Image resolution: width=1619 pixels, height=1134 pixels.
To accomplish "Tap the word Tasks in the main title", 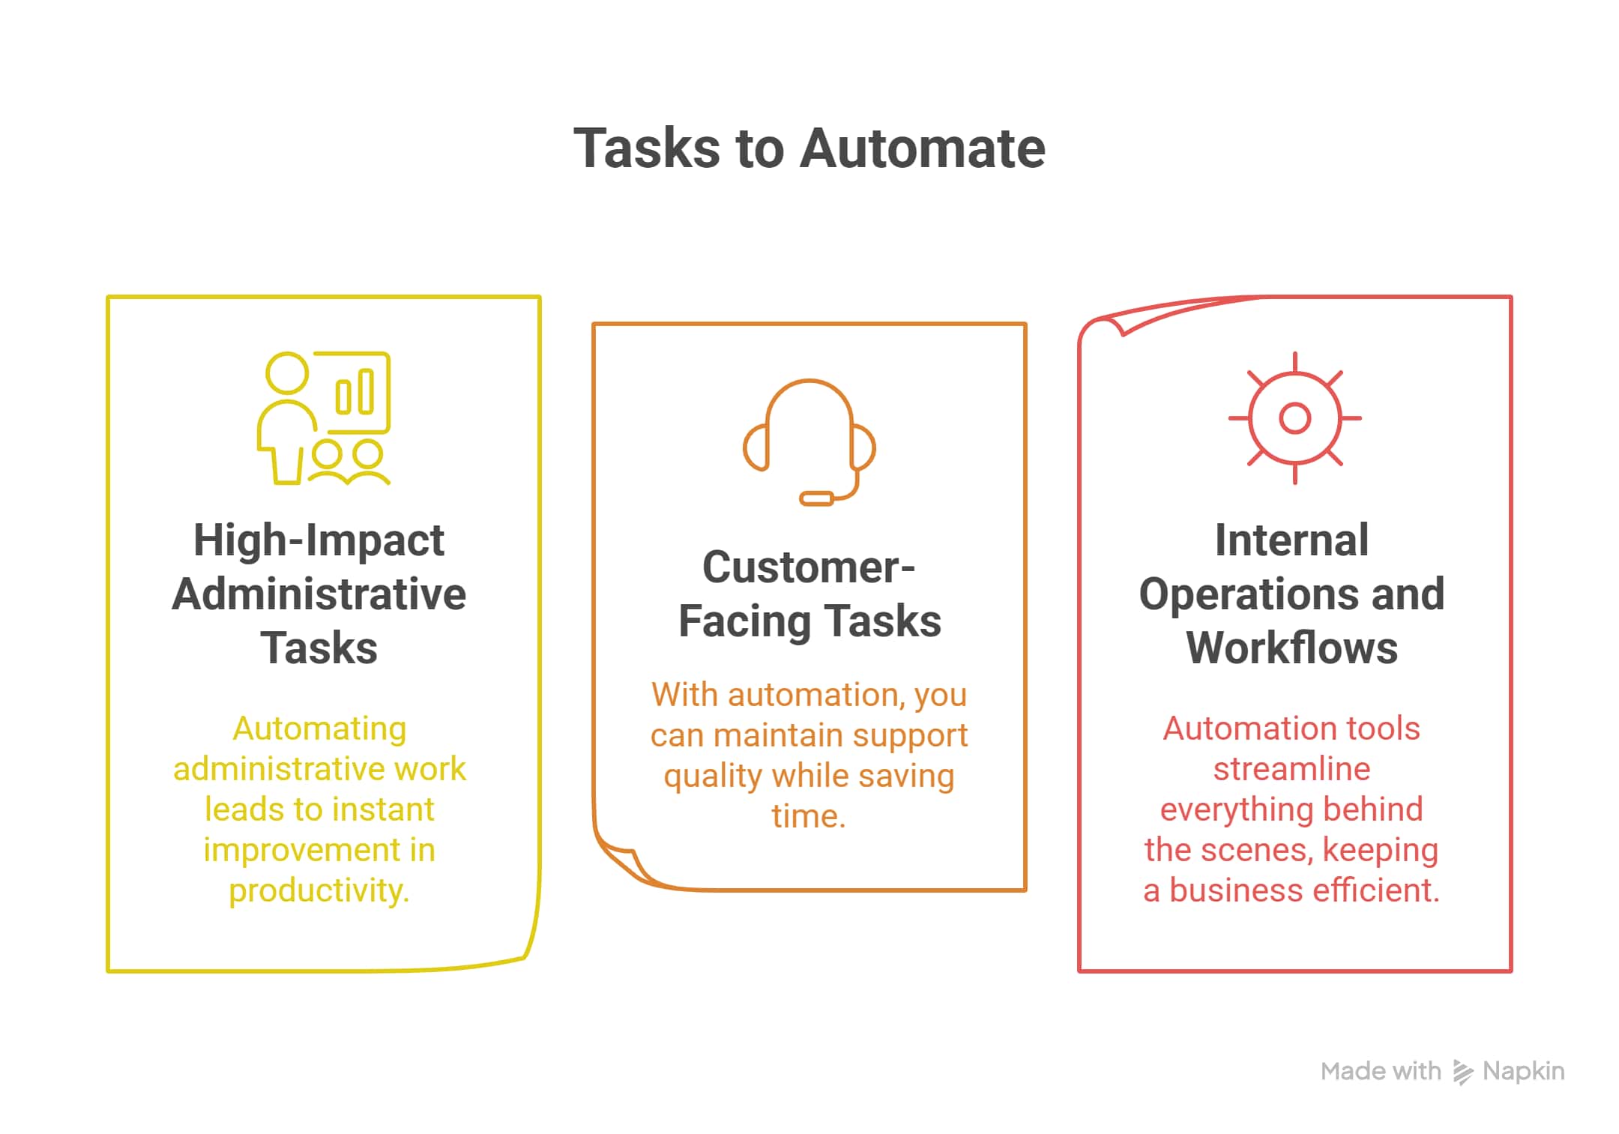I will (647, 148).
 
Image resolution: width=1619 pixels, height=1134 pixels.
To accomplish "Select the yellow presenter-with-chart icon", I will (324, 418).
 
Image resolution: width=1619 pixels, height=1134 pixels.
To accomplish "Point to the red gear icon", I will (1294, 418).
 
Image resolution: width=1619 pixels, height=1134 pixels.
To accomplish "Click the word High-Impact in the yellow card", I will (319, 540).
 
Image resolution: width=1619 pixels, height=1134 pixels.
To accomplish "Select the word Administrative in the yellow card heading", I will (319, 594).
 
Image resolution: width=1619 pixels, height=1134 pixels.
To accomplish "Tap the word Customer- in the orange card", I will (809, 567).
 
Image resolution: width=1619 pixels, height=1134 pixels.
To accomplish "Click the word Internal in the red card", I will (1291, 540).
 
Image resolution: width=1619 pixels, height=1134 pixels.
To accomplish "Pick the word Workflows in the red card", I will (1291, 648).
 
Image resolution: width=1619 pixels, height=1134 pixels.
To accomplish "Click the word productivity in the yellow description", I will (319, 890).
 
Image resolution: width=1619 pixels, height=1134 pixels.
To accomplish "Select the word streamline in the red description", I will (1291, 769).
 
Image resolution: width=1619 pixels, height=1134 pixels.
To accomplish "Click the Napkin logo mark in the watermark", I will (1462, 1072).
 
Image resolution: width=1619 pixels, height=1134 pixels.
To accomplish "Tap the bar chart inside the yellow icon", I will (355, 392).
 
